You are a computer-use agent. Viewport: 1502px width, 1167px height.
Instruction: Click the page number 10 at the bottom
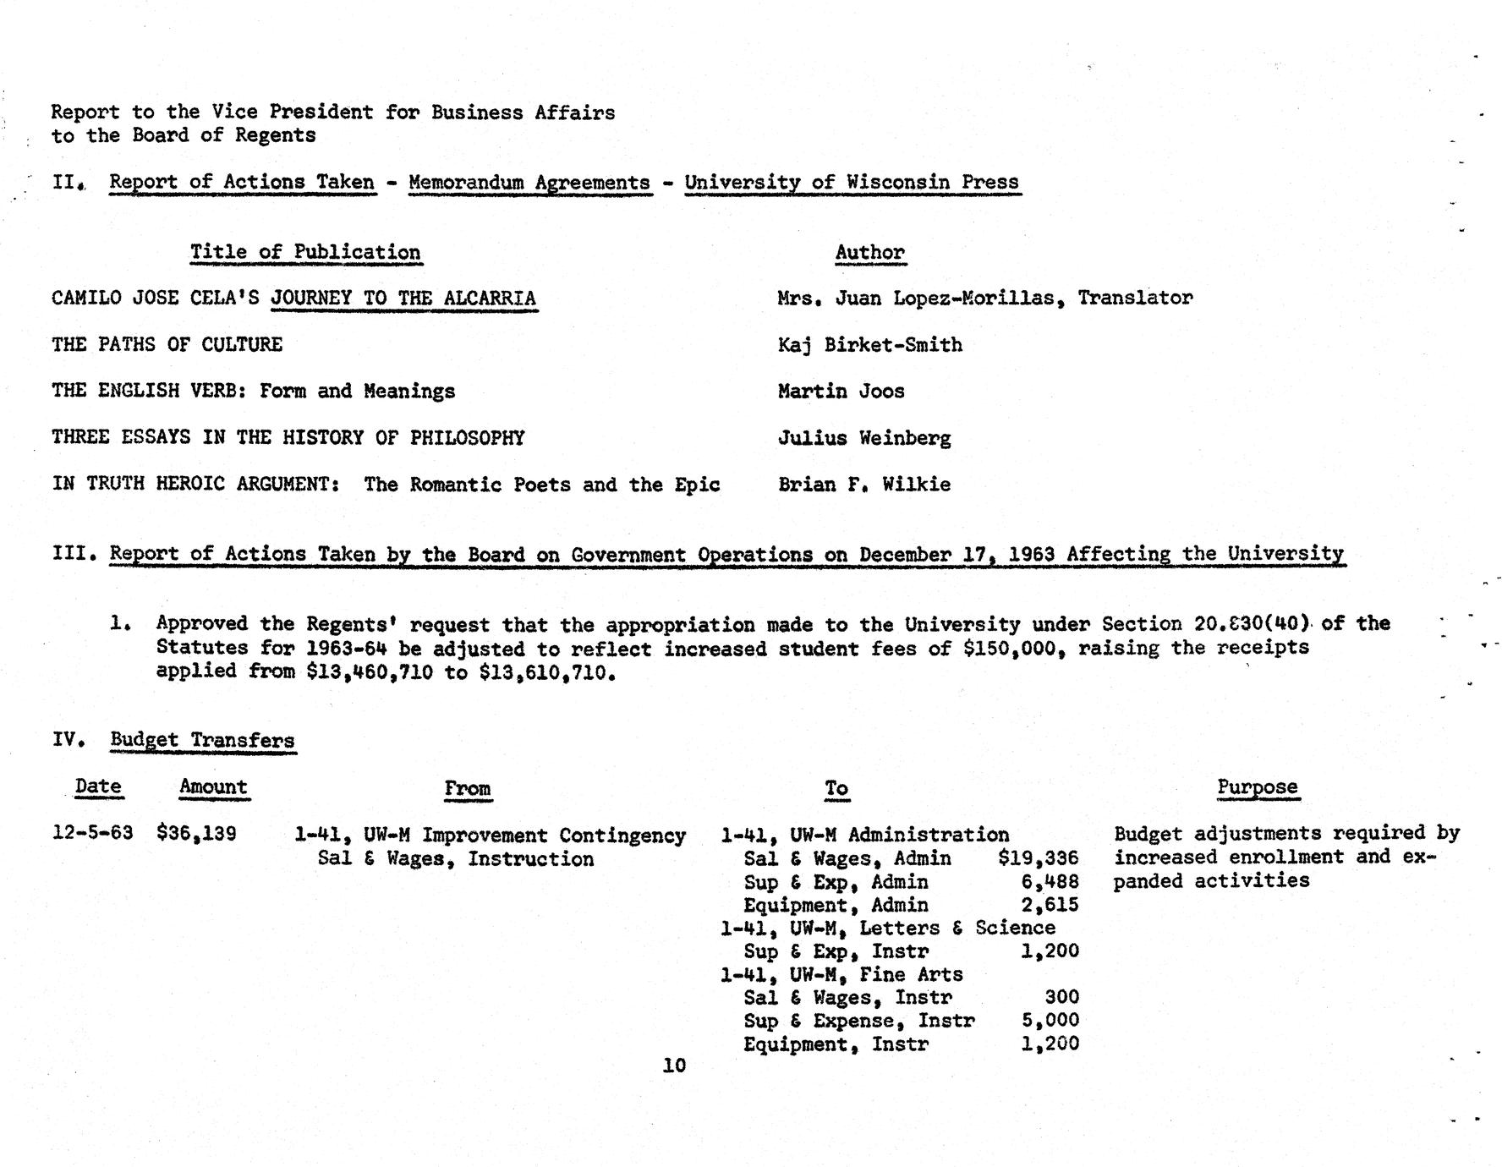(x=674, y=1066)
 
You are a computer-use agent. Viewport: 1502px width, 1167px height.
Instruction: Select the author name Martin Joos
(x=841, y=391)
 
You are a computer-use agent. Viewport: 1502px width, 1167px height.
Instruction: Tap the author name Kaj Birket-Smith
(x=869, y=344)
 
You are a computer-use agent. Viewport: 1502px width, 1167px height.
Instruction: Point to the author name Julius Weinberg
(x=864, y=438)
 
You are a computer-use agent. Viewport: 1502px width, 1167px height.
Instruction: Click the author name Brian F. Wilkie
(x=864, y=485)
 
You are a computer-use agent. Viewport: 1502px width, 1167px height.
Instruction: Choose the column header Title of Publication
(x=304, y=252)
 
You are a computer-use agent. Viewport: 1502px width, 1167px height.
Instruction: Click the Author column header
(x=869, y=252)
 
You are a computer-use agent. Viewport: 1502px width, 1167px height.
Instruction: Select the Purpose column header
(x=1257, y=787)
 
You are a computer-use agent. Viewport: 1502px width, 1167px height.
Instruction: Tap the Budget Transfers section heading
(x=202, y=740)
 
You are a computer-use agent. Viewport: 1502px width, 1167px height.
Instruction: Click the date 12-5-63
(x=92, y=833)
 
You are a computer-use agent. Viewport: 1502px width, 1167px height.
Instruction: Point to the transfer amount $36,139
(x=196, y=833)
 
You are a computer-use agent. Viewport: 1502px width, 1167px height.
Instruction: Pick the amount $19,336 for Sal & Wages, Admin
(x=1038, y=858)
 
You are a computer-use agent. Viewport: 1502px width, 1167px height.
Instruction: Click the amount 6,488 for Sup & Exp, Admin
(x=1050, y=882)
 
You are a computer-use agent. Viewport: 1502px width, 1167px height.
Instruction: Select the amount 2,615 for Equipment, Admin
(x=1050, y=905)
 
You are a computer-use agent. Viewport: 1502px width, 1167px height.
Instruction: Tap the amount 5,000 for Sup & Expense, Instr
(x=1050, y=1021)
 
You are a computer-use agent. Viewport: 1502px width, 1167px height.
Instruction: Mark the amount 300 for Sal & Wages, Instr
(x=1061, y=998)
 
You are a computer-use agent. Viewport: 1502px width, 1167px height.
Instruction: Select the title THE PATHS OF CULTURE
(x=167, y=344)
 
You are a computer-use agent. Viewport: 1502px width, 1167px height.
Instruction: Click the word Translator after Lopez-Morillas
(x=1135, y=298)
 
